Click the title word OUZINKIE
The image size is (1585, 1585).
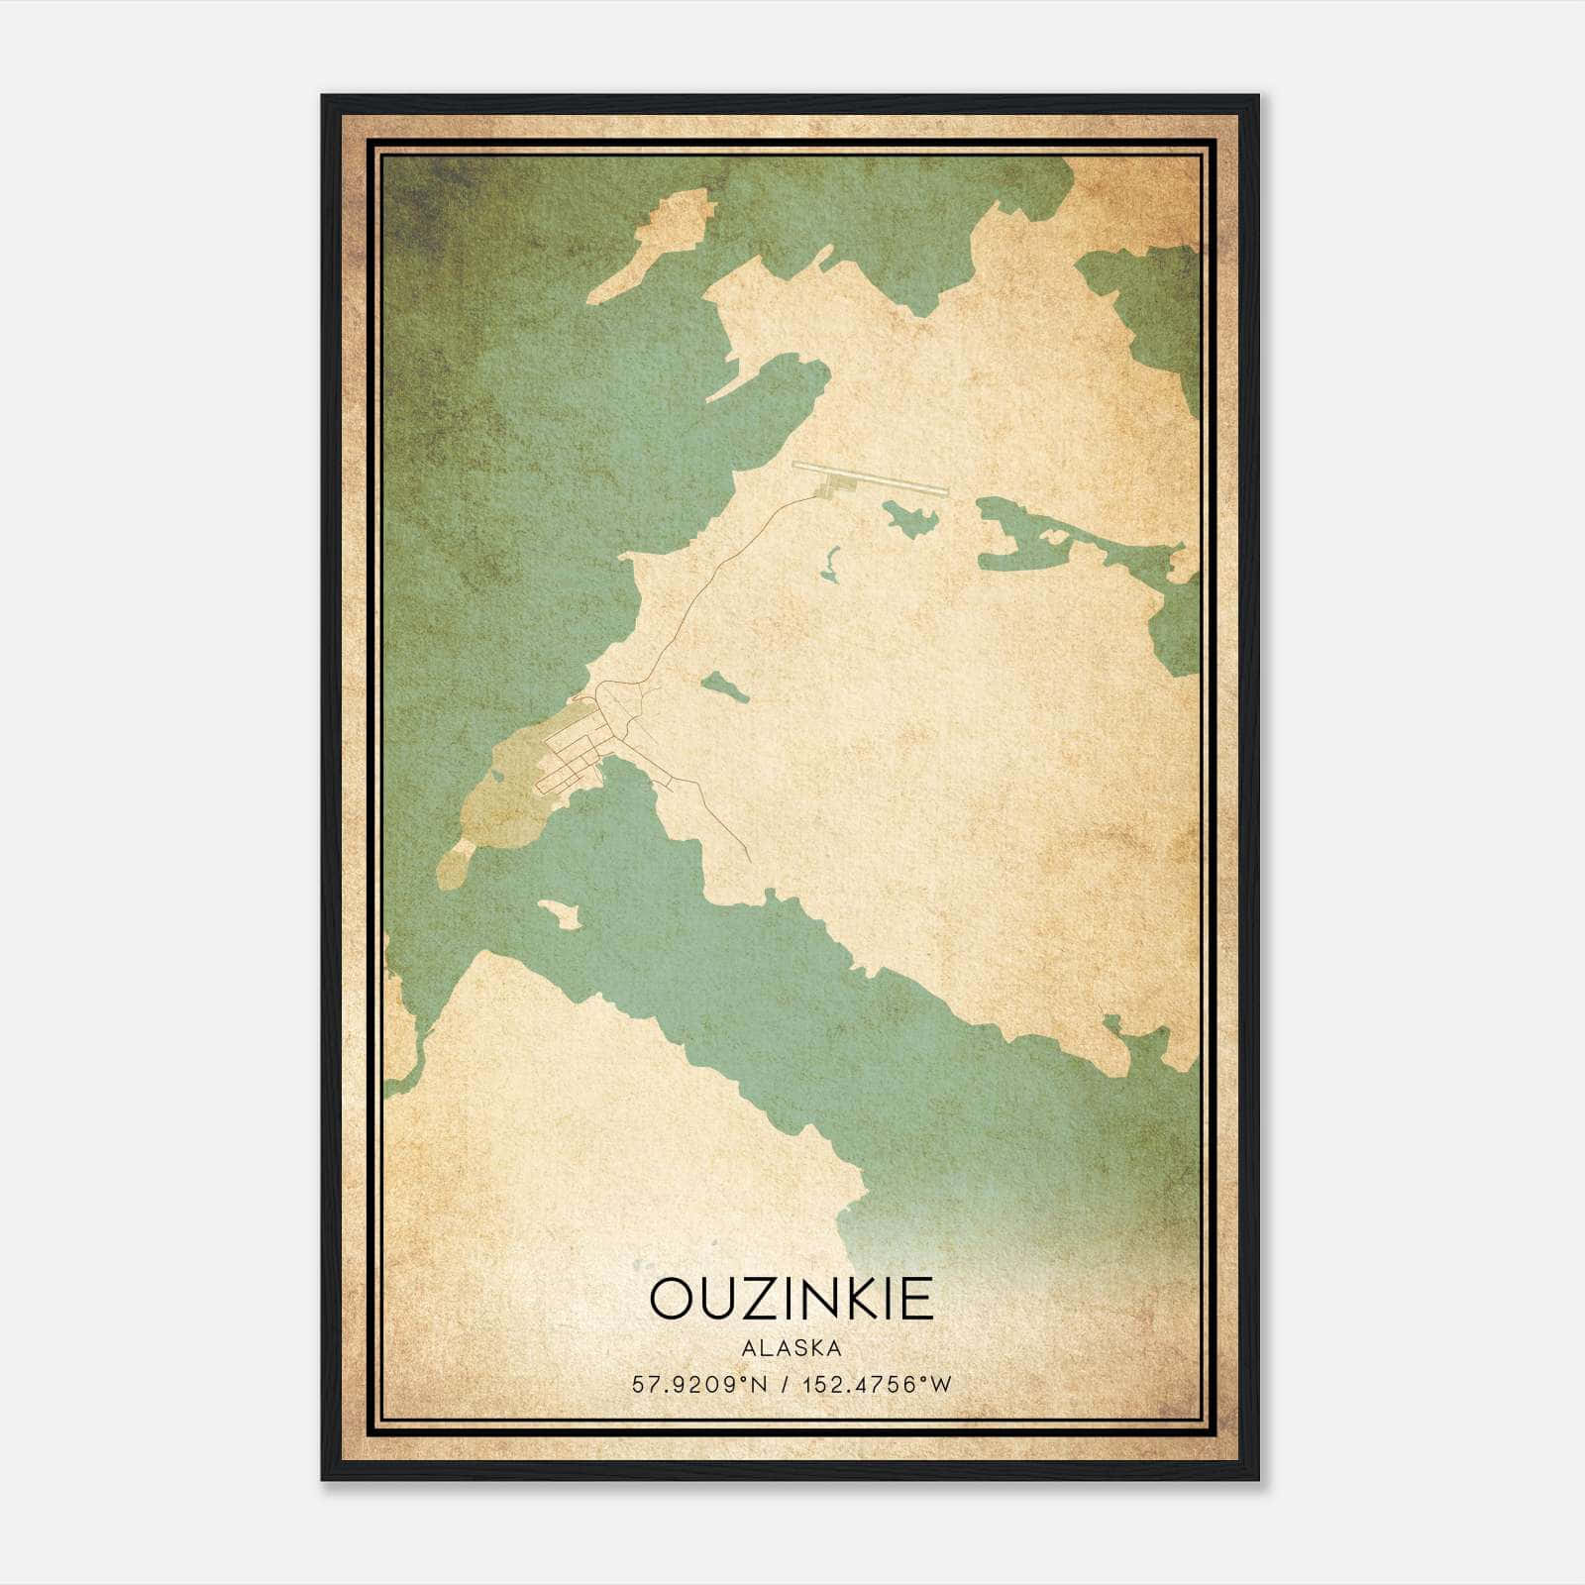(x=792, y=1299)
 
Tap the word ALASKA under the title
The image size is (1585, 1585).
(x=792, y=1348)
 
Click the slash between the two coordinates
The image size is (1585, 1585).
(x=785, y=1385)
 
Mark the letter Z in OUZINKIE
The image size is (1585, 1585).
(x=756, y=1299)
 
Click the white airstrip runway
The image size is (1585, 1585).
(x=872, y=476)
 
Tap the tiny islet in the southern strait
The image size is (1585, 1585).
(x=559, y=913)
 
